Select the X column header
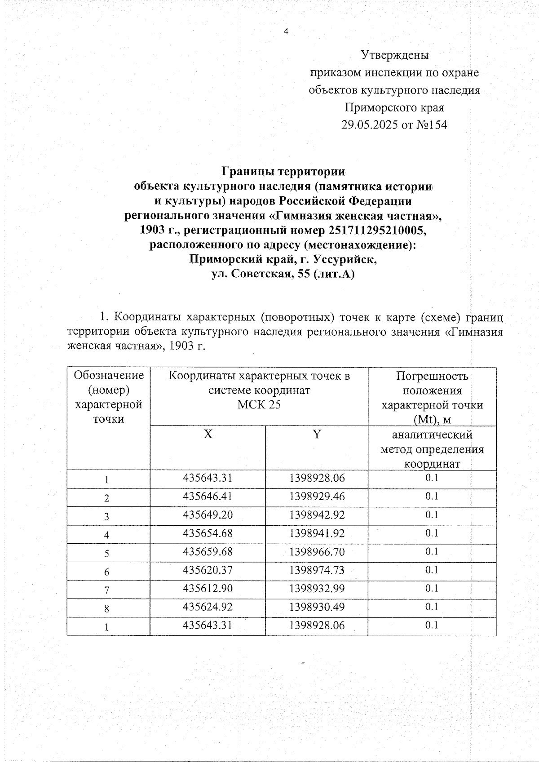pos(208,435)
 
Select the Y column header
pos(317,435)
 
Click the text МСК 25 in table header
pos(259,404)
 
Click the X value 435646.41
pos(208,497)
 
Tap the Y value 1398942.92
pos(317,515)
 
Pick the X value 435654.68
pos(208,533)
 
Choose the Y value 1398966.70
pos(317,552)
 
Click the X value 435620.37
pos(208,570)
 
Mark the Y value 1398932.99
pos(317,589)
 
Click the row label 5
pos(107,553)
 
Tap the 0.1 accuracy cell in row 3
pos(432,515)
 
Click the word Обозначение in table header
pos(109,375)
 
